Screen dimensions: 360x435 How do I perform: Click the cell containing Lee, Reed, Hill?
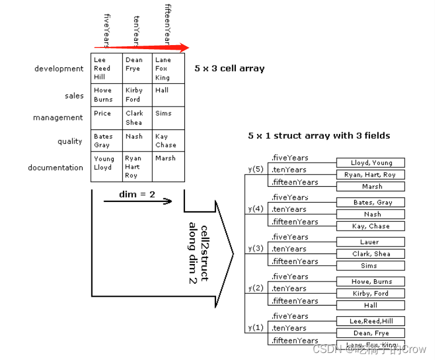point(107,68)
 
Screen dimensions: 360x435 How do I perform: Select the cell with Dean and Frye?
point(138,68)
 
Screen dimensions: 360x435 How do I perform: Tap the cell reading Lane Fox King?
point(168,68)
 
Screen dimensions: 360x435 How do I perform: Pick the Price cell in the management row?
point(107,118)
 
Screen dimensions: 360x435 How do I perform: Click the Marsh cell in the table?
point(168,167)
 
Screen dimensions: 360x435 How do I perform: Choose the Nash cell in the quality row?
point(138,140)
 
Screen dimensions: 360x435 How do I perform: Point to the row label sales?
point(74,95)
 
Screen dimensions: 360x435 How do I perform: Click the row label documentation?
point(56,167)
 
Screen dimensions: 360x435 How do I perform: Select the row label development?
point(59,68)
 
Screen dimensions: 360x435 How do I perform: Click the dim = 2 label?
point(137,194)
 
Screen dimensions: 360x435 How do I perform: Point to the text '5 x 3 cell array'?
point(230,68)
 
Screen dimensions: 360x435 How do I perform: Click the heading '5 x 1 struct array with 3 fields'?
point(319,135)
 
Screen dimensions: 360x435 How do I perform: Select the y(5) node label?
point(255,169)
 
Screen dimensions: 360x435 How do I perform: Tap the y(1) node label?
point(255,327)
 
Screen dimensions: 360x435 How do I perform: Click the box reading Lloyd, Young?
point(371,163)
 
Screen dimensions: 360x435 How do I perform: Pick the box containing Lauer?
point(371,242)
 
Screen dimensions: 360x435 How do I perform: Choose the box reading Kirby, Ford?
point(371,293)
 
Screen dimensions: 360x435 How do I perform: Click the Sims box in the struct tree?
point(371,266)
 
